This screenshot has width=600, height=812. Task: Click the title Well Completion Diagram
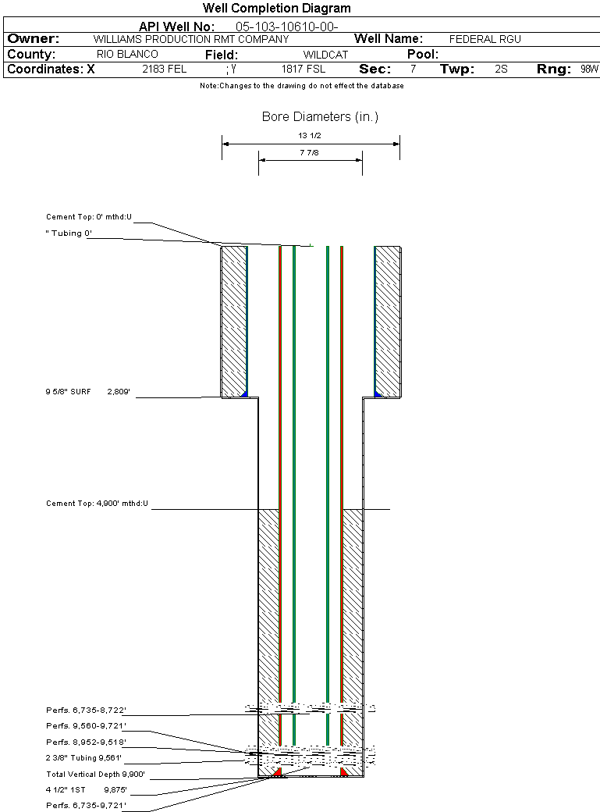(x=277, y=9)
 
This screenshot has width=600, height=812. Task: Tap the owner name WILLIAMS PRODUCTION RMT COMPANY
(x=190, y=39)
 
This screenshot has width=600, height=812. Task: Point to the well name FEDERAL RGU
(x=485, y=39)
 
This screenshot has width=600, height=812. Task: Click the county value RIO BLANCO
(x=127, y=55)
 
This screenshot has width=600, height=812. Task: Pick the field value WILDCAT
(x=325, y=55)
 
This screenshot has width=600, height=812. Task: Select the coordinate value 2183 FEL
(x=164, y=69)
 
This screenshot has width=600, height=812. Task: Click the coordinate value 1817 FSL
(x=304, y=69)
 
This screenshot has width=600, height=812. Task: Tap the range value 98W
(x=589, y=69)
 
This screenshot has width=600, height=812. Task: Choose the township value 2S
(x=501, y=69)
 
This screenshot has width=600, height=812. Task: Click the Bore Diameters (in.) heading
(x=320, y=117)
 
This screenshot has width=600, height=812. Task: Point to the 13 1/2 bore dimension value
(x=310, y=135)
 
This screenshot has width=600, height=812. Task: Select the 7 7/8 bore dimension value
(x=309, y=152)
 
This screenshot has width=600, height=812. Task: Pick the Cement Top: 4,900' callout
(x=97, y=504)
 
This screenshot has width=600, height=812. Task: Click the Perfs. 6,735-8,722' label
(x=86, y=710)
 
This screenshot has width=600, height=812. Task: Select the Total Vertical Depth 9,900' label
(x=95, y=775)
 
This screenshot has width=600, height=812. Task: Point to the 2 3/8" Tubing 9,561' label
(x=84, y=758)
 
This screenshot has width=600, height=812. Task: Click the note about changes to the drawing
(x=301, y=86)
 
